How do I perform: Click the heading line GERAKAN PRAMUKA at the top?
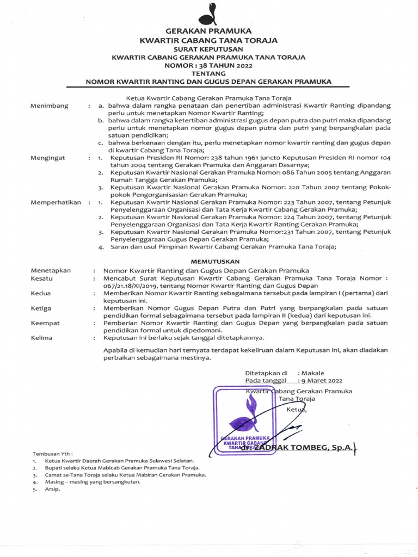(208, 32)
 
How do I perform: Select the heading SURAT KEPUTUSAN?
(208, 48)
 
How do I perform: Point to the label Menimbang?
(50, 106)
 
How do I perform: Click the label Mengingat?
(48, 158)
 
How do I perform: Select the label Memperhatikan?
(57, 202)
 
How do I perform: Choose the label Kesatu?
(42, 278)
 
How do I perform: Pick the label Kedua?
(41, 293)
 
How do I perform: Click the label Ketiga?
(41, 308)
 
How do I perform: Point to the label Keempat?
(46, 323)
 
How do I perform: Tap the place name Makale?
(313, 373)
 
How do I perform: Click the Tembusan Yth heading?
(53, 453)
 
